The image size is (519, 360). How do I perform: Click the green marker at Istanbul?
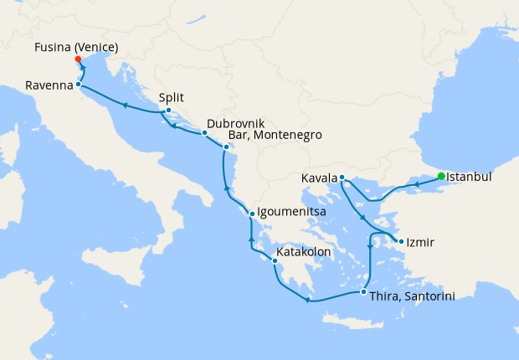click(x=441, y=176)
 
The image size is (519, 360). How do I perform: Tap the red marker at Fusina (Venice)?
click(x=77, y=59)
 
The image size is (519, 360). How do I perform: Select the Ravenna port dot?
click(x=78, y=85)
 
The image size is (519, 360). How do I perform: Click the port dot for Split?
click(x=168, y=111)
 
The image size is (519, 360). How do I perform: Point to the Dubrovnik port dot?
click(x=203, y=133)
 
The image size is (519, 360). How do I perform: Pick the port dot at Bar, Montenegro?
click(x=225, y=147)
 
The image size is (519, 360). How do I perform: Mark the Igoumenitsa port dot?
click(x=252, y=213)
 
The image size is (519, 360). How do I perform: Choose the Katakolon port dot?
click(x=275, y=261)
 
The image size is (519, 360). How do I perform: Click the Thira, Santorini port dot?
click(x=362, y=291)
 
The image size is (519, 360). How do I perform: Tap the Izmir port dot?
click(x=402, y=243)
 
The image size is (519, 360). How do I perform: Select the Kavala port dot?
click(x=342, y=177)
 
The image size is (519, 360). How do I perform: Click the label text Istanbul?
click(x=469, y=177)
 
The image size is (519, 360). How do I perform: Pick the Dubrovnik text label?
click(x=236, y=122)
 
